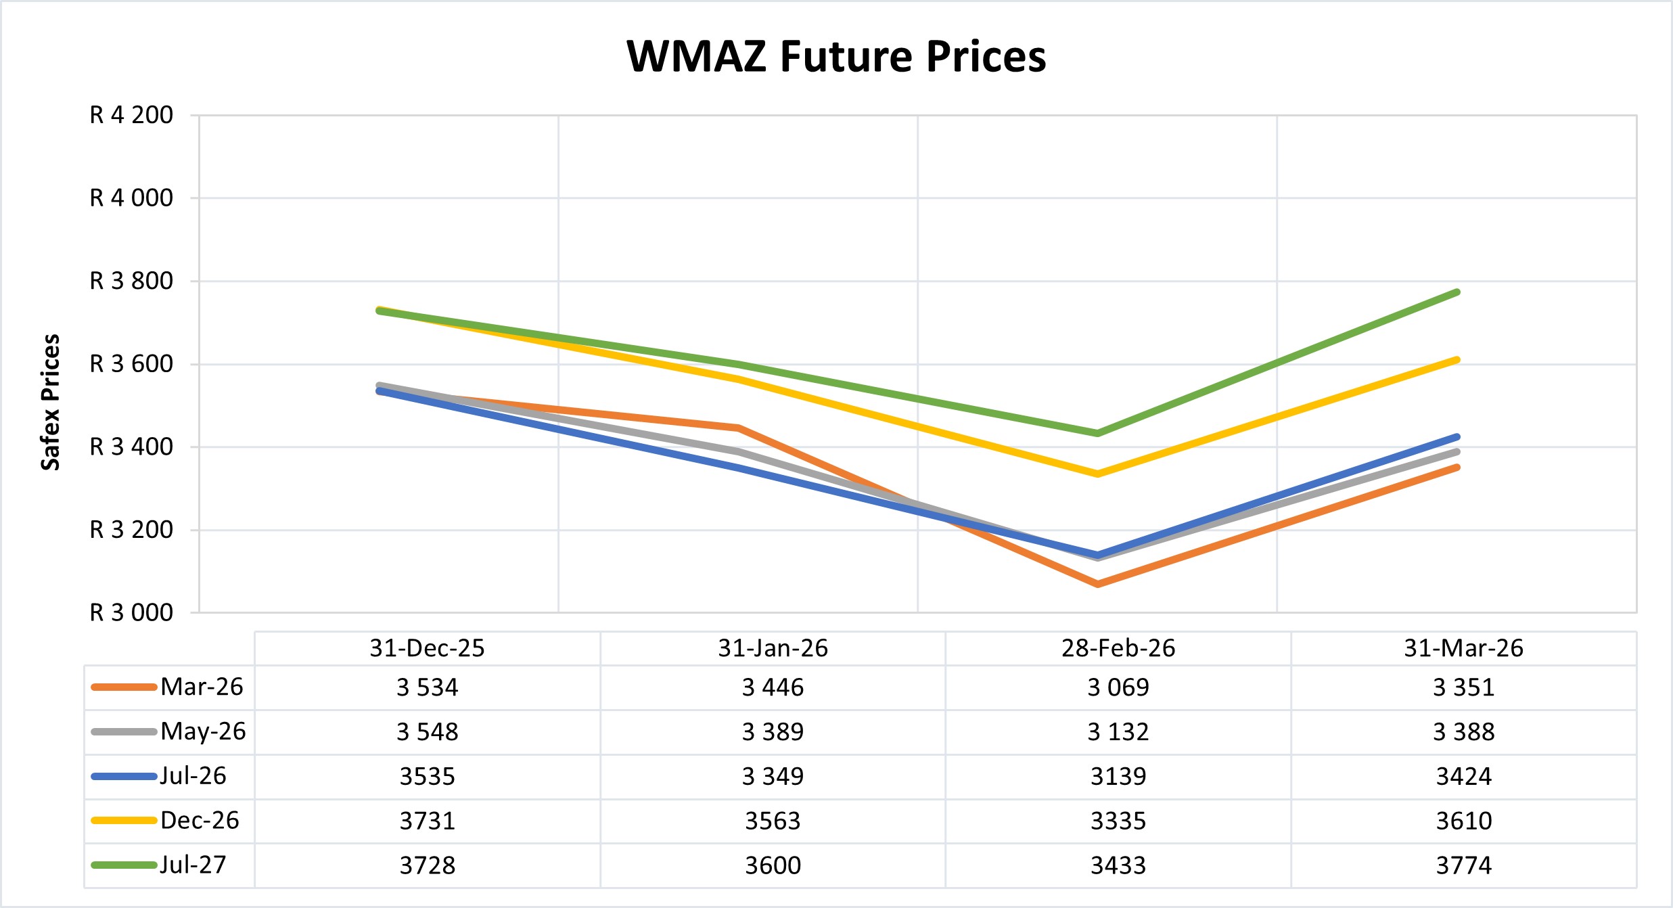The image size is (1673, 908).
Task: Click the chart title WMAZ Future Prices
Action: point(836,56)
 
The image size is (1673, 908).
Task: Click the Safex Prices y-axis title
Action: point(51,402)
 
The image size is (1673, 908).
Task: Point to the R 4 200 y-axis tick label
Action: point(131,115)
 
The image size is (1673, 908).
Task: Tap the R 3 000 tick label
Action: point(131,612)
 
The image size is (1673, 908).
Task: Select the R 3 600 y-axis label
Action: point(131,364)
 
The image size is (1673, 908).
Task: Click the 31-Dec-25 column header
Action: point(427,648)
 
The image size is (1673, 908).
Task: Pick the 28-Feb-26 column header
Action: point(1118,648)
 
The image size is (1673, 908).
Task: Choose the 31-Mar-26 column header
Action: point(1463,648)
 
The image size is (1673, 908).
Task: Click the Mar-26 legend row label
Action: point(202,687)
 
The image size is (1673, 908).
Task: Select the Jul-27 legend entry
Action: point(193,865)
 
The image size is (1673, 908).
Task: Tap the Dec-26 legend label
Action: point(200,820)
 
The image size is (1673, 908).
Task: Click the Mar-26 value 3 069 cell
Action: point(1118,687)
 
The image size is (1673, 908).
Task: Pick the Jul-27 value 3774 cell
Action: point(1463,865)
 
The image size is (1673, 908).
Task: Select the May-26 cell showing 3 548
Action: point(427,731)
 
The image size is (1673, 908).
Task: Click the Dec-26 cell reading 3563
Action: point(773,821)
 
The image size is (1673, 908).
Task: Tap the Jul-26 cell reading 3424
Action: point(1463,776)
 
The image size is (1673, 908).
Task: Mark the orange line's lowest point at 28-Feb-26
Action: point(1097,583)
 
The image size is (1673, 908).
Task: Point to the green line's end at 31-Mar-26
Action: point(1457,292)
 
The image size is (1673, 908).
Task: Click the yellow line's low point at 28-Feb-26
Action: point(1097,474)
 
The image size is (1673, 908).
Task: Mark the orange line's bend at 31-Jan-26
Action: point(738,428)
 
